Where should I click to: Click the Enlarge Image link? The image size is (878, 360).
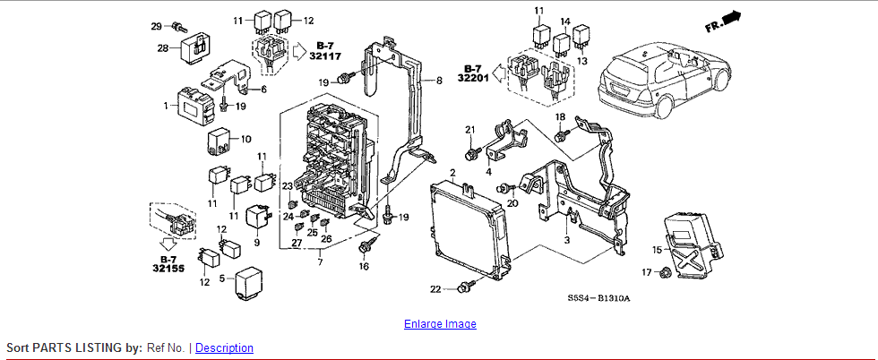click(440, 323)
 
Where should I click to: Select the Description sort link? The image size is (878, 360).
click(224, 347)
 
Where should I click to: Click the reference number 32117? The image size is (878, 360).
click(325, 56)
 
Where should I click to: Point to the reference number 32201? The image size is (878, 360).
click(473, 78)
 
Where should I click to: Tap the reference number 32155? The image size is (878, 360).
click(168, 268)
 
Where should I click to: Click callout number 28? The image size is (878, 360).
click(163, 48)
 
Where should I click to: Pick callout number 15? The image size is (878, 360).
click(658, 250)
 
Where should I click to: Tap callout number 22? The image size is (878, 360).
click(435, 289)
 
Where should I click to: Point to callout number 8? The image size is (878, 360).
click(439, 81)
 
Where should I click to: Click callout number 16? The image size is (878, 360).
click(364, 267)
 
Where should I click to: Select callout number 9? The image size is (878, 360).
click(257, 243)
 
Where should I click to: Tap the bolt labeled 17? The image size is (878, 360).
click(667, 272)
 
